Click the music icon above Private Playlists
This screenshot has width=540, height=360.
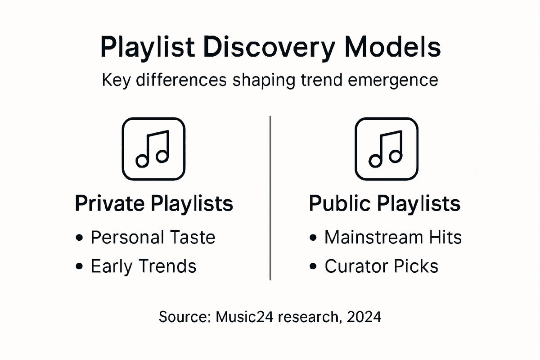tap(153, 148)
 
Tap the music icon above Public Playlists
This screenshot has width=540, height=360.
tap(386, 148)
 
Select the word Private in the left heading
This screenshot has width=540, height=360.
tap(109, 204)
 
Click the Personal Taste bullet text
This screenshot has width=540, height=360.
tap(153, 237)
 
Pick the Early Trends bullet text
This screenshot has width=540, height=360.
tap(144, 266)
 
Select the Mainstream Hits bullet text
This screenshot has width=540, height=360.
tap(393, 237)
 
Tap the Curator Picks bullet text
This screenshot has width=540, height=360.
tap(381, 266)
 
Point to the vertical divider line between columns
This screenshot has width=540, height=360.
tap(270, 198)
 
